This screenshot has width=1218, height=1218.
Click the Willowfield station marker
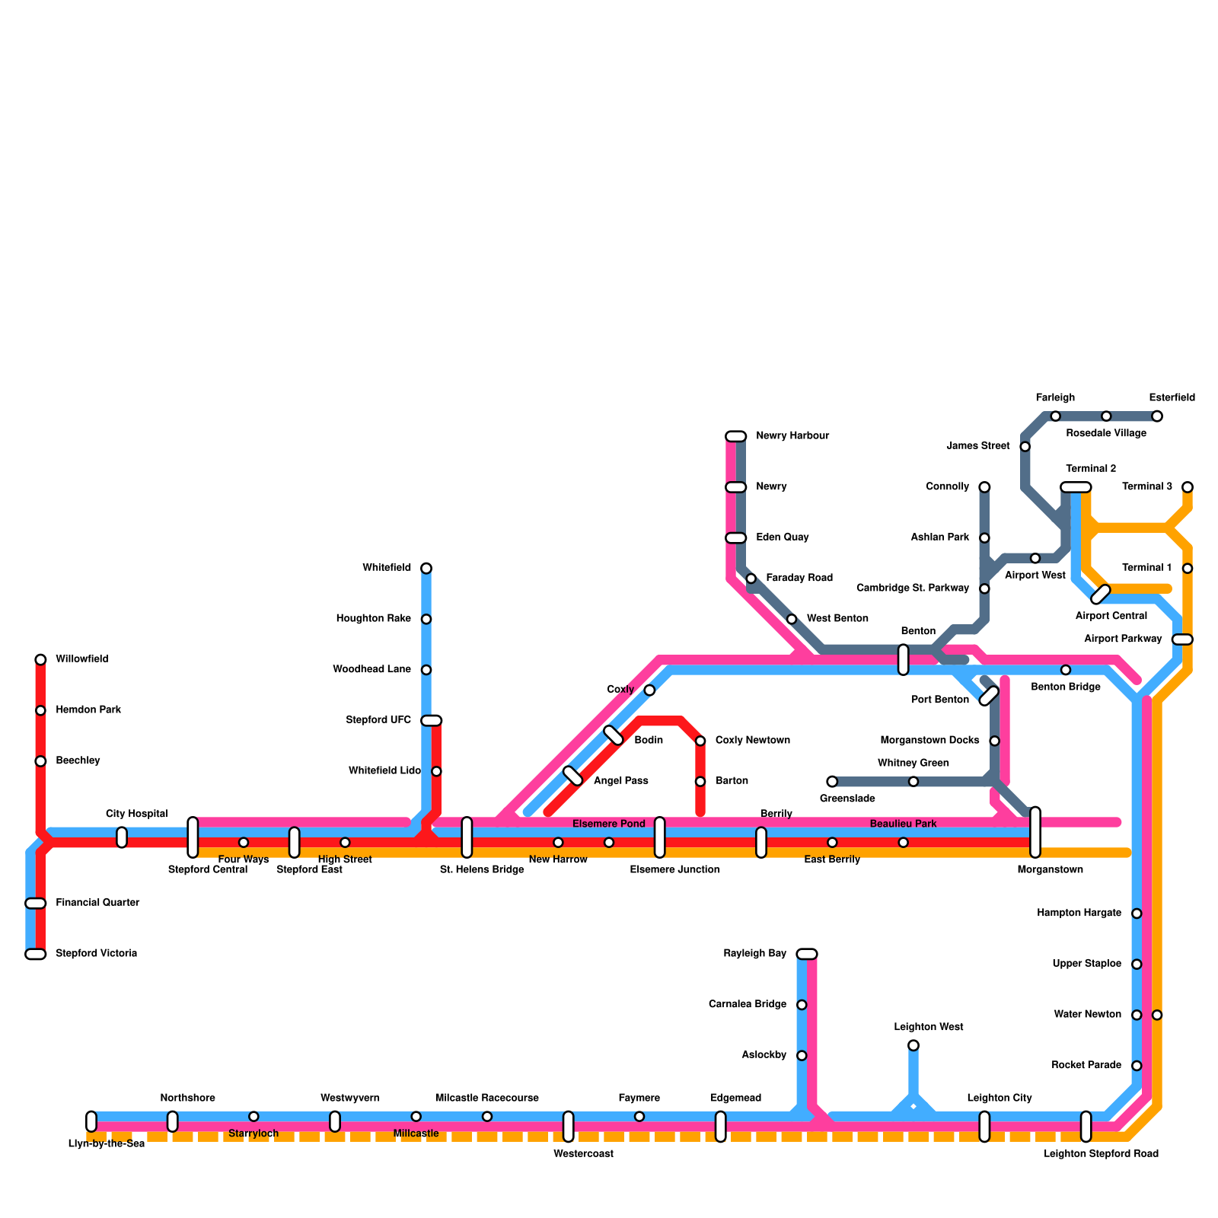point(40,659)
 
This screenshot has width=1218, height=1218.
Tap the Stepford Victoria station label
point(96,953)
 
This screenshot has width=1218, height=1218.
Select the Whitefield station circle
point(426,568)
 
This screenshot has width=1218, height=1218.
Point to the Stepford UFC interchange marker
point(432,720)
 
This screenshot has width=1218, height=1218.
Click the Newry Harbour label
point(792,436)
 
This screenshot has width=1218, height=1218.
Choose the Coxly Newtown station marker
point(700,741)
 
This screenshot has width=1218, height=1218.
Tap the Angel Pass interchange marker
point(572,776)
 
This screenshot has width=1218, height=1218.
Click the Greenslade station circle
point(832,782)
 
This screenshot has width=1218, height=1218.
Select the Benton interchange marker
point(903,659)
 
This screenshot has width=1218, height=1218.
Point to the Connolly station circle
point(984,487)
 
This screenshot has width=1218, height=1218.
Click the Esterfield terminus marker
point(1157,416)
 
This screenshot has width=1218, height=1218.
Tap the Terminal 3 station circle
point(1188,487)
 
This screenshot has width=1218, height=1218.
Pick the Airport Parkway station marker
point(1181,639)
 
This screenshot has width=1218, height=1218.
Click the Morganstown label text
point(1050,869)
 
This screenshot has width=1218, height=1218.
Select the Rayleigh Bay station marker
point(807,954)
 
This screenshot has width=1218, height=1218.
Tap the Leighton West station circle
point(913,1045)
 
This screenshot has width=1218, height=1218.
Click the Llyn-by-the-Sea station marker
point(91,1121)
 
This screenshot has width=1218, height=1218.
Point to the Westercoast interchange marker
point(568,1127)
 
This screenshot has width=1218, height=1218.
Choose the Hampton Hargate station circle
point(1137,913)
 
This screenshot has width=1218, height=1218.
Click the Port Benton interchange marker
point(989,695)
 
